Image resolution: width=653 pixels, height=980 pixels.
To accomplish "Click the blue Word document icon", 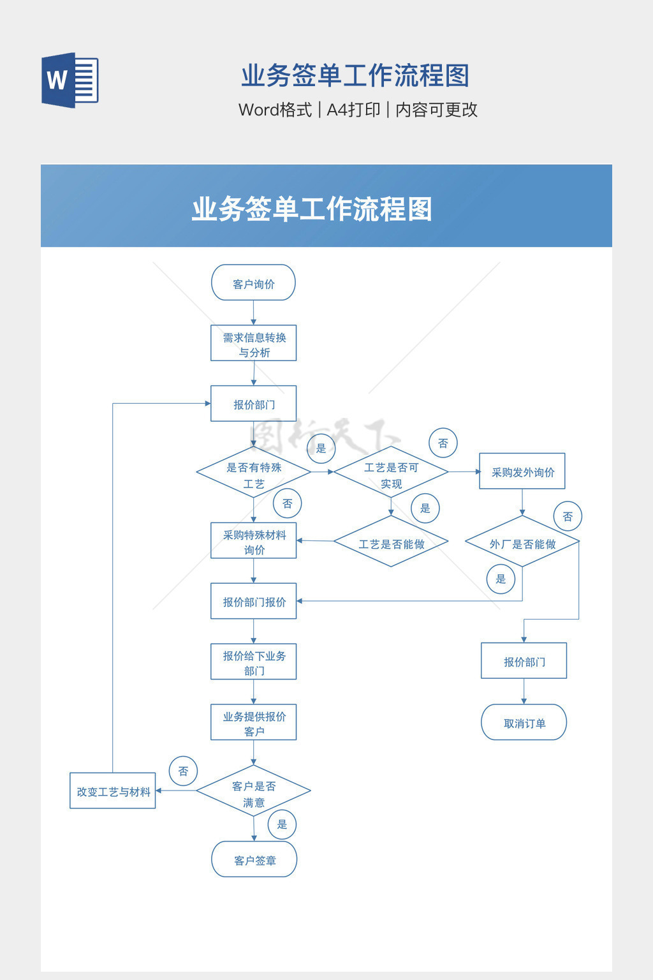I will pos(70,80).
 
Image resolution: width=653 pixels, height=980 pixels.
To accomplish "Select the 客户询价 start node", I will pos(253,283).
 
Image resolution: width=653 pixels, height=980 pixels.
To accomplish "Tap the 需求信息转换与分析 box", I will pos(253,344).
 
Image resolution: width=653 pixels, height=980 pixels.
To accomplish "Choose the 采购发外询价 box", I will pos(522,471).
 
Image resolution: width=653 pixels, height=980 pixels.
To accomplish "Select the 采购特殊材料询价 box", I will pos(253,541).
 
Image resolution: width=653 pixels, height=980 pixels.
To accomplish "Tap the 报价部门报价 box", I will pos(253,601).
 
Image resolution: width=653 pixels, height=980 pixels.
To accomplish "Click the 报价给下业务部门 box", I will pos(253,662).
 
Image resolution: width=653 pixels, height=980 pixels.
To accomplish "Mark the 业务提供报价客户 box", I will pos(253,723).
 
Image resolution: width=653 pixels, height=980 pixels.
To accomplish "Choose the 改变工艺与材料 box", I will pos(113,791).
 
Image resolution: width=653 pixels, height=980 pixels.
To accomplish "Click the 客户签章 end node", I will pos(254,859).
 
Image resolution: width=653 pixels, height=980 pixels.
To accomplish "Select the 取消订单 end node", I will pos(524,723).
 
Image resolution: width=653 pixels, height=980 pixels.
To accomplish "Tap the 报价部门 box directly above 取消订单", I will pos(524,661).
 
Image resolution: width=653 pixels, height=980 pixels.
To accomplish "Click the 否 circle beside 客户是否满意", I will pos(184,771).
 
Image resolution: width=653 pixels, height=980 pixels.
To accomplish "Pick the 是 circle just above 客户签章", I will pos(282,824).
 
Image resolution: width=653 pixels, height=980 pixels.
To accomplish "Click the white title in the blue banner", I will pos(312,209).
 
